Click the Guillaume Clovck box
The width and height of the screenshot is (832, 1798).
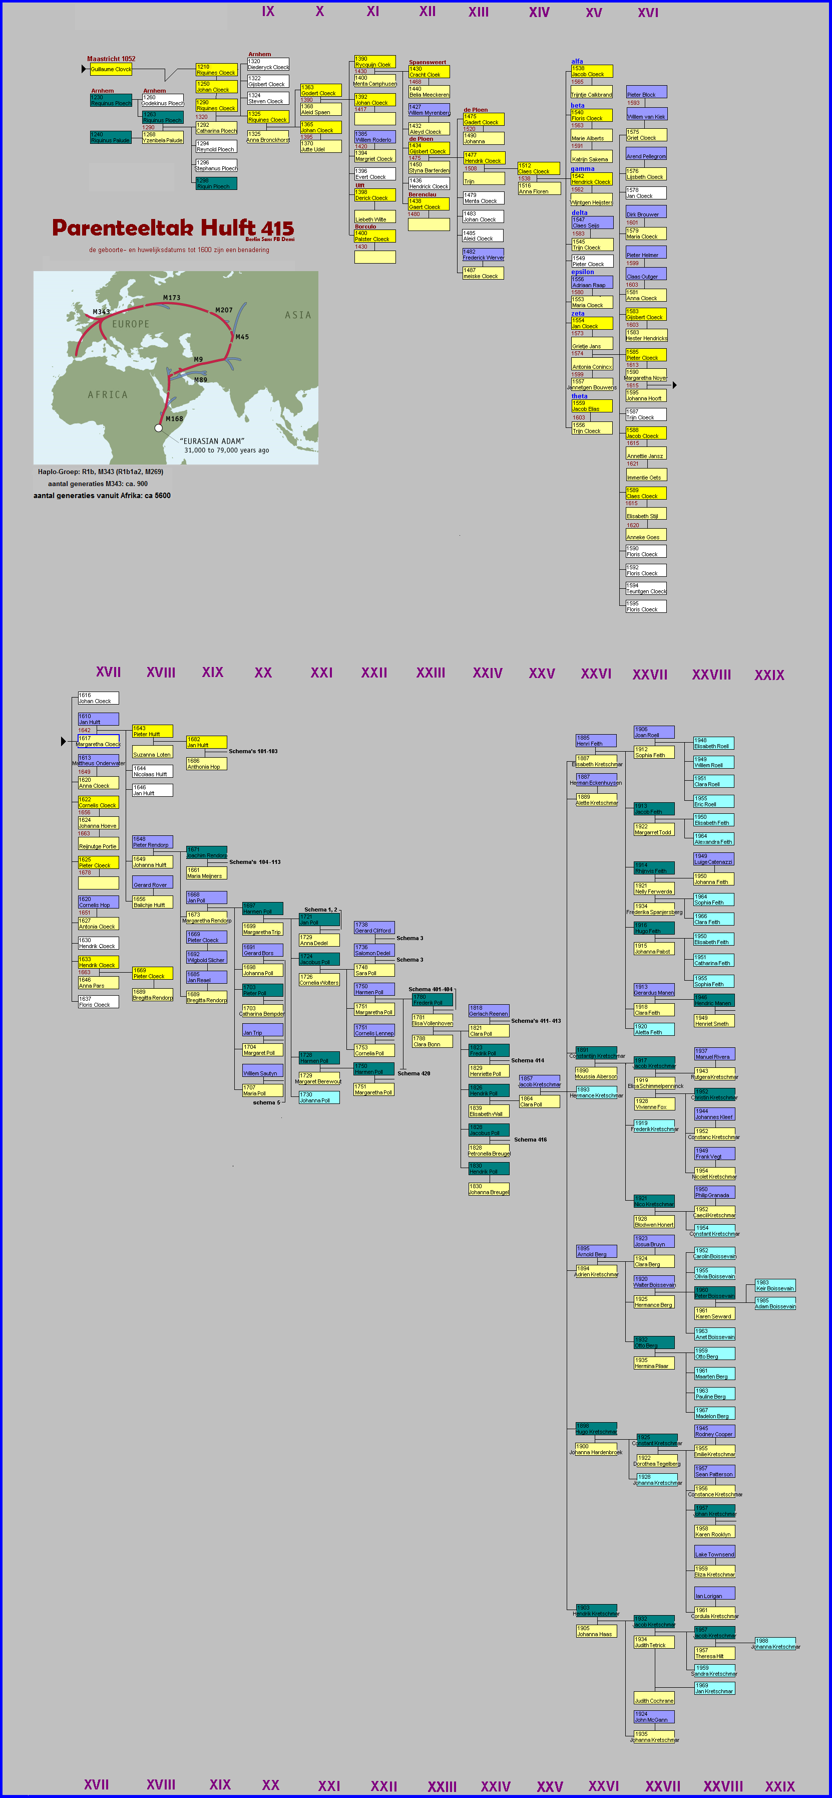click(x=111, y=69)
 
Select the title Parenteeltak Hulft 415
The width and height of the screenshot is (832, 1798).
click(x=173, y=228)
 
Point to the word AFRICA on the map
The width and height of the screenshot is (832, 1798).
click(x=108, y=394)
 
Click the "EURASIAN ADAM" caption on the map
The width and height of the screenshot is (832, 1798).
click(x=212, y=441)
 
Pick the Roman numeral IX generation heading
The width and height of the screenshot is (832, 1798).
click(x=268, y=11)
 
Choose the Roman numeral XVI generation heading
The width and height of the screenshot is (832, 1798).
click(x=647, y=13)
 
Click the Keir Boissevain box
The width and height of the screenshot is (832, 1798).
click(x=775, y=1286)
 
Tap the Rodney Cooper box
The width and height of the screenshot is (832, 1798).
click(x=713, y=1432)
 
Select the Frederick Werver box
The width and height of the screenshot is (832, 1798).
click(x=483, y=255)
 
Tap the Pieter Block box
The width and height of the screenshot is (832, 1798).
click(x=646, y=92)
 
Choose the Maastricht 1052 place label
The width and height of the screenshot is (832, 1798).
click(x=111, y=59)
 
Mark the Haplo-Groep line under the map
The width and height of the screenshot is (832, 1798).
click(x=101, y=472)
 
